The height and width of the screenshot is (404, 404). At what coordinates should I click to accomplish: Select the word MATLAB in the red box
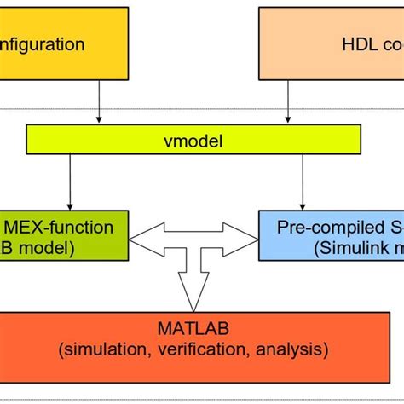[x=201, y=327]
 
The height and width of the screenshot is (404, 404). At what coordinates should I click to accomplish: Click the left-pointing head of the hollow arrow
[x=143, y=240]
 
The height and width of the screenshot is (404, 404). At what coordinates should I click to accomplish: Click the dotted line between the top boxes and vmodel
[x=201, y=109]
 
